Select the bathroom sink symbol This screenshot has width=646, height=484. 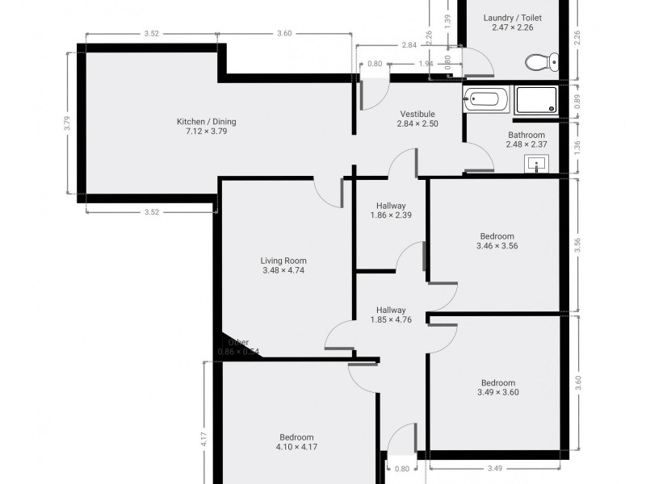point(537,165)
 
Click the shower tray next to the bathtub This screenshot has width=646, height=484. point(536,100)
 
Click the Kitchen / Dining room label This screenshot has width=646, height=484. point(207,127)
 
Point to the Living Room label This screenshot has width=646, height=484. point(283,265)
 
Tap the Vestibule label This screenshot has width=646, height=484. point(417,119)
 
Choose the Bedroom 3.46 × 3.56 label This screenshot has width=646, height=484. point(497,241)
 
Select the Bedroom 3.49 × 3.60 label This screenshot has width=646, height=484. point(497,388)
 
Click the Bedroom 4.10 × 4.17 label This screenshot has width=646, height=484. point(298,442)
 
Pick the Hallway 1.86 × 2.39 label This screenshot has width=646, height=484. point(391,211)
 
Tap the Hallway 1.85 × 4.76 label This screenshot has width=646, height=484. point(391,315)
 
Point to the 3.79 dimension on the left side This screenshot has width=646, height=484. point(68,123)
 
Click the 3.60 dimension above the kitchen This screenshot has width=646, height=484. point(284,33)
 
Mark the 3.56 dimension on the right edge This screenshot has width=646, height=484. point(577,244)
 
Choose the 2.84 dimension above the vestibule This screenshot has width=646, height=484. point(409,46)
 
